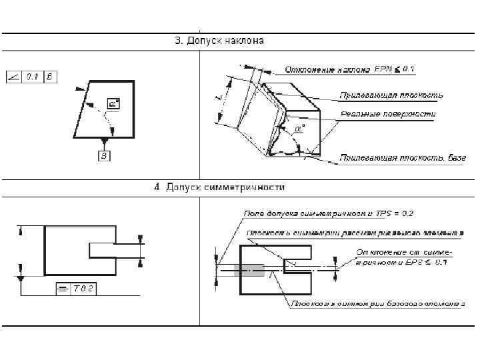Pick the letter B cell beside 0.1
click(x=50, y=77)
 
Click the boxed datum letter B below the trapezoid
click(x=103, y=156)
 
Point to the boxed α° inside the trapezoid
click(x=113, y=105)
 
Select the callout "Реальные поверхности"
click(x=388, y=115)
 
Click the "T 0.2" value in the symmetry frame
click(x=84, y=288)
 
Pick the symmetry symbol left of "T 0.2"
click(x=62, y=288)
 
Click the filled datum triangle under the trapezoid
click(x=103, y=141)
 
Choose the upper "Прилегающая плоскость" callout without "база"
click(x=391, y=95)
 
